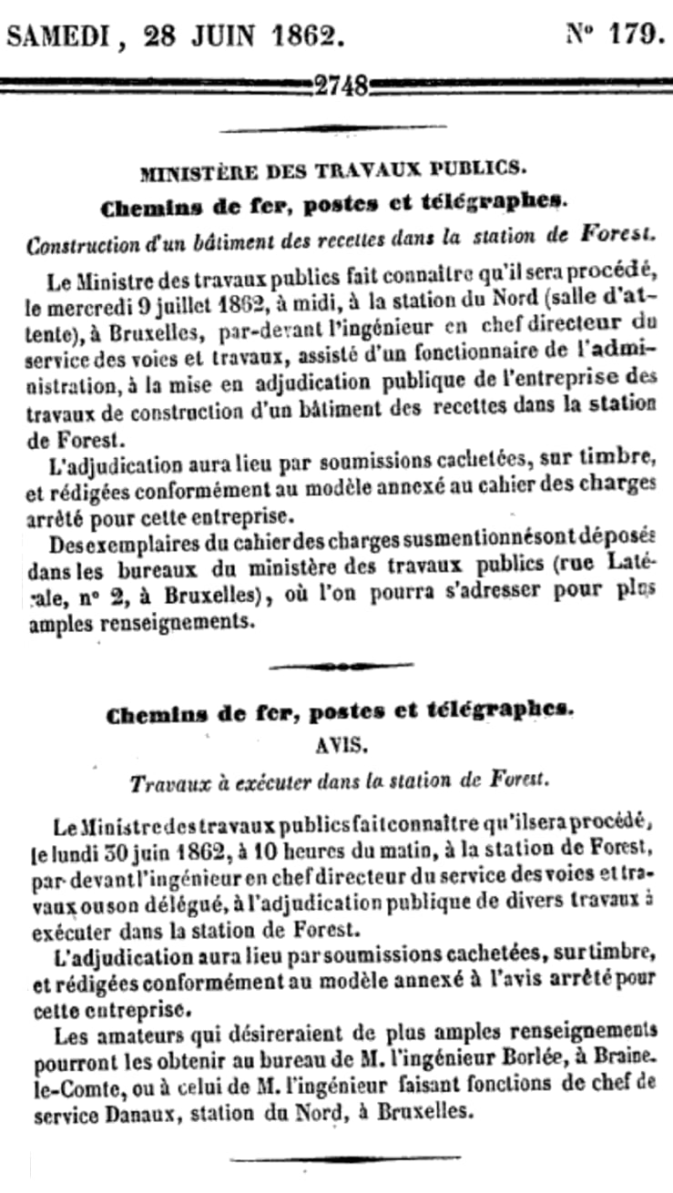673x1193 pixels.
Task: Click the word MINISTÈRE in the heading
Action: [x=190, y=170]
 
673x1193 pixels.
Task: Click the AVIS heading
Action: [x=340, y=744]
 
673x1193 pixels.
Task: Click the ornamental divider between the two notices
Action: [x=340, y=666]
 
